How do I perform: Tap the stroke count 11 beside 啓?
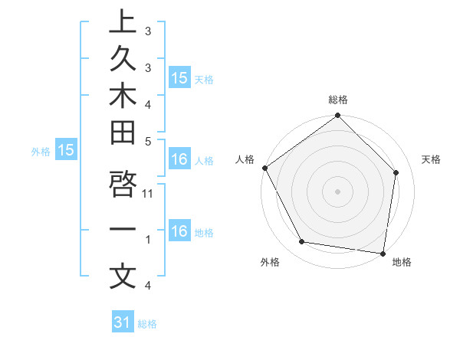click(x=149, y=193)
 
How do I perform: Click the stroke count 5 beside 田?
click(x=147, y=140)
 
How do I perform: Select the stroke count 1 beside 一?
click(x=148, y=240)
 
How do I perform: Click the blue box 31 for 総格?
click(x=123, y=322)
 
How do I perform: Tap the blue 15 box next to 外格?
click(x=66, y=151)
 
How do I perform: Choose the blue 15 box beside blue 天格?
click(x=179, y=78)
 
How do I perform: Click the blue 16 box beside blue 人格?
click(x=179, y=160)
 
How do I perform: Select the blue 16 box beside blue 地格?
click(x=179, y=231)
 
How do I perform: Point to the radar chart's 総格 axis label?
click(x=338, y=100)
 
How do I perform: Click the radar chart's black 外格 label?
click(x=270, y=263)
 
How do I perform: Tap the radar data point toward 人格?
click(x=264, y=168)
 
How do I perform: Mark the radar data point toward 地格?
click(x=383, y=252)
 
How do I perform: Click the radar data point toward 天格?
click(x=396, y=172)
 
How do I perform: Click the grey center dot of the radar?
click(x=337, y=191)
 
